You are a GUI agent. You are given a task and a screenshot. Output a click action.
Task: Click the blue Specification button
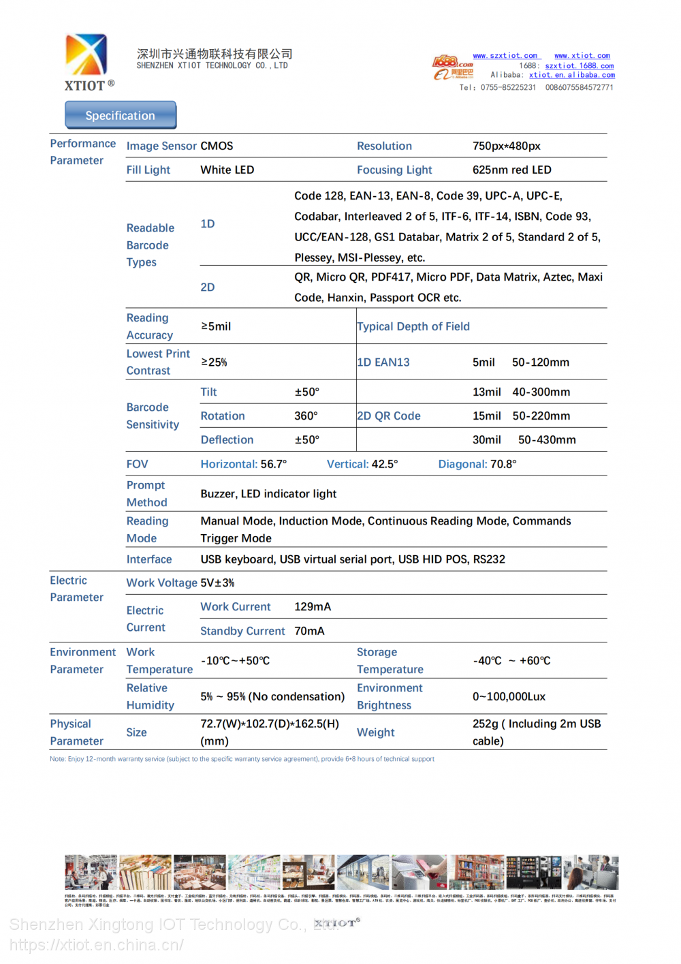tap(121, 115)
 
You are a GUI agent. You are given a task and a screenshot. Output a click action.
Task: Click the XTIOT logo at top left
tap(86, 61)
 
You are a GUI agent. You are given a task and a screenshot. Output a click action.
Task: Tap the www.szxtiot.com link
tap(505, 56)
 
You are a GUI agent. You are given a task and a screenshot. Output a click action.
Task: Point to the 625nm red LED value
tap(511, 170)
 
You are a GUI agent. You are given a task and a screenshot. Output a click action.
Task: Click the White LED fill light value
tap(227, 170)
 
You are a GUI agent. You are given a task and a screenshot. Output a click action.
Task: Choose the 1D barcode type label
tap(208, 224)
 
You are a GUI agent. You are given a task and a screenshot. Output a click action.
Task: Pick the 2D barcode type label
tap(208, 287)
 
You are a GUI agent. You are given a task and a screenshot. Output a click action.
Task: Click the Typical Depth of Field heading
tap(413, 326)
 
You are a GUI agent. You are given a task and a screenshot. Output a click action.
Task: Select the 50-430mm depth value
tap(547, 440)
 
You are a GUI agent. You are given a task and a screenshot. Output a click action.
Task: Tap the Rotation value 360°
tap(306, 416)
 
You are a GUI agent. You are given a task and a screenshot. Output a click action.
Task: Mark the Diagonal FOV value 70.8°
tap(503, 464)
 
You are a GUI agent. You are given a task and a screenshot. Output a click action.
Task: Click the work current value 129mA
tap(313, 606)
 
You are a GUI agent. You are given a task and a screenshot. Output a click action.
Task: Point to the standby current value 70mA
tap(309, 631)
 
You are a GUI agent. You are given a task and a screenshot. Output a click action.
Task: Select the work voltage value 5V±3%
tap(217, 583)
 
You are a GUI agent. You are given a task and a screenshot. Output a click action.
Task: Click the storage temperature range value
tap(511, 661)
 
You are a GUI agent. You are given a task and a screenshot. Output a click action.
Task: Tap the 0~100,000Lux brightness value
tap(509, 696)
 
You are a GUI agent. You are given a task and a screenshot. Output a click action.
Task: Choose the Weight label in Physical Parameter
tap(375, 732)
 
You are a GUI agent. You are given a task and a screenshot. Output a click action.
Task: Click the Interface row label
tap(149, 559)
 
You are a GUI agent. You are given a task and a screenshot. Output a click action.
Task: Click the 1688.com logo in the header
tap(452, 62)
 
